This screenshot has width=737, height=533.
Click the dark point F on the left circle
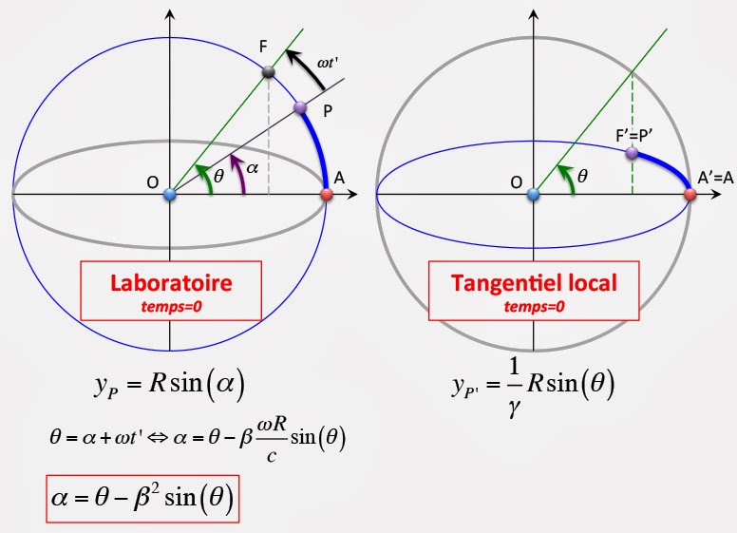pos(268,72)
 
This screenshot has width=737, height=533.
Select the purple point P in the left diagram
pos(300,108)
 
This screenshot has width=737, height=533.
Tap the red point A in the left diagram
pos(326,194)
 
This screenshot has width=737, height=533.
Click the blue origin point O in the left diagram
pos(170,195)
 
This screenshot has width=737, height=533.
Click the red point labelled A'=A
pos(690,194)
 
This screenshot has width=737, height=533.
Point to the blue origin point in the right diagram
pos(534,195)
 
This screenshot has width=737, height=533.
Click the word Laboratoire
pos(171,283)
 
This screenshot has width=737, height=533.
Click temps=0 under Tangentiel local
pos(532,306)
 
